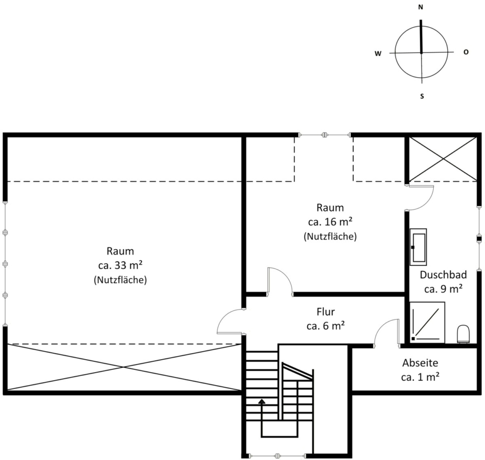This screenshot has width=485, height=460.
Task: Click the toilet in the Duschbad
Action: [463, 334]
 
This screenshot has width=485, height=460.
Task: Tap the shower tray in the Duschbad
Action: [427, 322]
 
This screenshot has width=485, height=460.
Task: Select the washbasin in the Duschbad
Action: [418, 247]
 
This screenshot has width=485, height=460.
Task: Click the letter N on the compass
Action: [421, 8]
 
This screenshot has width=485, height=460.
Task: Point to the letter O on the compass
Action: [466, 52]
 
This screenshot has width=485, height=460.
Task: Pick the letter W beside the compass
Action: [378, 53]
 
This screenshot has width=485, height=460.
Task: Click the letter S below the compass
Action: [422, 97]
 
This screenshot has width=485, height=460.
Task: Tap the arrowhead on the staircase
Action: [262, 402]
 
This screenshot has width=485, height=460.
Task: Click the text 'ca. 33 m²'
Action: [120, 265]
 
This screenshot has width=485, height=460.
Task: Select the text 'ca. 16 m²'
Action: [330, 222]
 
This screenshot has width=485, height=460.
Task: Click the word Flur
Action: [325, 311]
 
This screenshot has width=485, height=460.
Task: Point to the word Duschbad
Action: [444, 274]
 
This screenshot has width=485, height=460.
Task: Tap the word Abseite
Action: [420, 362]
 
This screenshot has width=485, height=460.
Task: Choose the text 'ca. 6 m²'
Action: [325, 326]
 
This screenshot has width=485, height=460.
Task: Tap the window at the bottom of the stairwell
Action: [278, 456]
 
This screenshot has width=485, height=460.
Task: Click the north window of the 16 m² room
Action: [324, 135]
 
